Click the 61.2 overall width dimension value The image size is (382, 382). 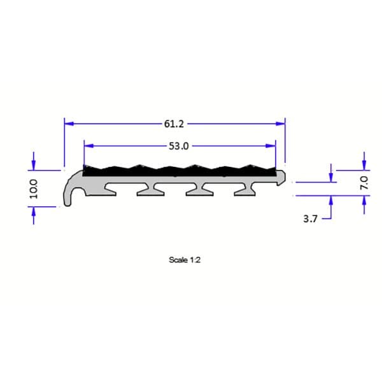tap(174, 124)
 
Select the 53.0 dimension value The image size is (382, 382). tap(178, 146)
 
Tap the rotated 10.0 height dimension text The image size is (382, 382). tap(34, 189)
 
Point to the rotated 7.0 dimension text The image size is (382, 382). tap(364, 183)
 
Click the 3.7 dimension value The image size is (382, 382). tap(311, 218)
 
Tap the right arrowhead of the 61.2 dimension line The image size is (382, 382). tap(280, 124)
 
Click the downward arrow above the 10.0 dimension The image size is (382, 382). tap(34, 166)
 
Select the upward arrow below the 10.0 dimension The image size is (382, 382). tap(34, 212)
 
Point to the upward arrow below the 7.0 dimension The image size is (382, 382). tap(364, 200)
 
